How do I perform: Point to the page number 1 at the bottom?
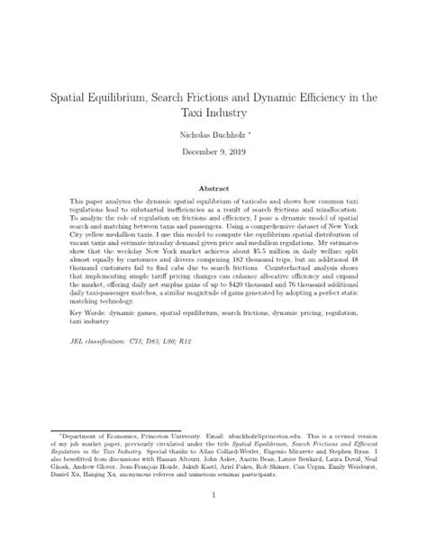coord(213,519)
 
